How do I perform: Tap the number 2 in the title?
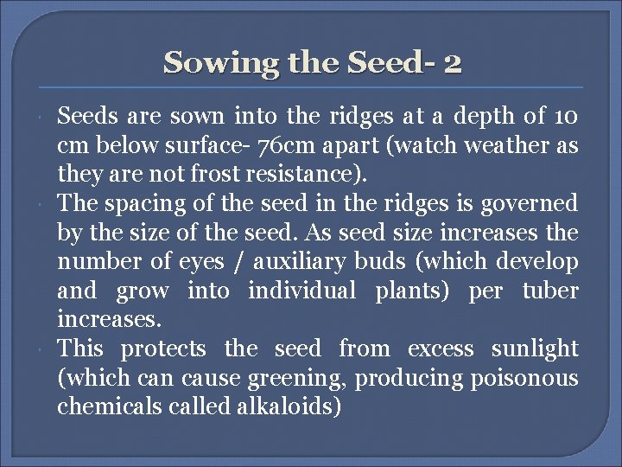(x=454, y=62)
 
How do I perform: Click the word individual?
(x=302, y=291)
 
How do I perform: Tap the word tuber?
(x=550, y=291)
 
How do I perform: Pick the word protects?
(x=162, y=349)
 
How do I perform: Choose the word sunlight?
(x=535, y=349)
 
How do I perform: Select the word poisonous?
(x=528, y=378)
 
